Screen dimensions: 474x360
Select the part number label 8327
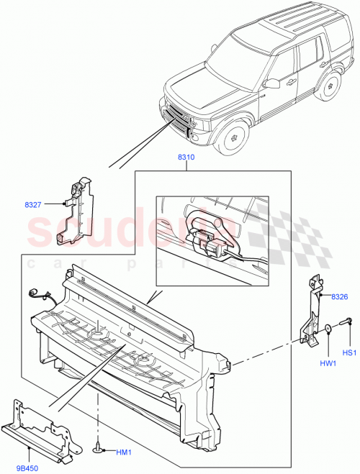[33, 205]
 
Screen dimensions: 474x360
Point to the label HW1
[328, 363]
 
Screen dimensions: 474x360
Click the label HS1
[350, 352]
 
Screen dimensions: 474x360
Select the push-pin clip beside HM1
[96, 449]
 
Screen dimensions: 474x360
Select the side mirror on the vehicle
[271, 83]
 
